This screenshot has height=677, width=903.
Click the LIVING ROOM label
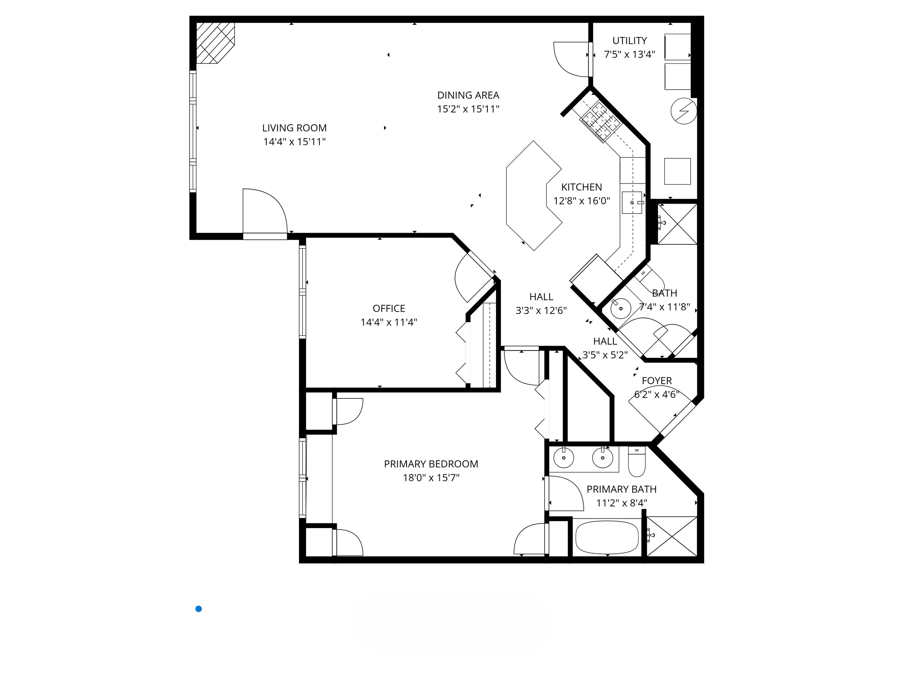pyautogui.click(x=294, y=128)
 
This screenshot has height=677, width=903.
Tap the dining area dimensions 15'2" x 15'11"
pyautogui.click(x=468, y=109)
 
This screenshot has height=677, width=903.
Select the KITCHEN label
pyautogui.click(x=581, y=187)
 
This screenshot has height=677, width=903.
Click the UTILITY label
pyautogui.click(x=630, y=41)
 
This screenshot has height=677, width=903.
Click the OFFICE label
pyautogui.click(x=389, y=309)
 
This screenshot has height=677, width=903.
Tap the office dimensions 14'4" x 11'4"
pyautogui.click(x=389, y=322)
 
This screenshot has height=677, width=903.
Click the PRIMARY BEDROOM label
pyautogui.click(x=431, y=464)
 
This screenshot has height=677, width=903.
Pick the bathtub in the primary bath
pyautogui.click(x=607, y=537)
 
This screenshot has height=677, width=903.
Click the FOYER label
pyautogui.click(x=656, y=381)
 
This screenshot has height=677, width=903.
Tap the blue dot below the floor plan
pyautogui.click(x=199, y=609)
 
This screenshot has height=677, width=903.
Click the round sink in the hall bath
pyautogui.click(x=620, y=309)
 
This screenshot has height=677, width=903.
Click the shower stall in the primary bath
pyautogui.click(x=672, y=536)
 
